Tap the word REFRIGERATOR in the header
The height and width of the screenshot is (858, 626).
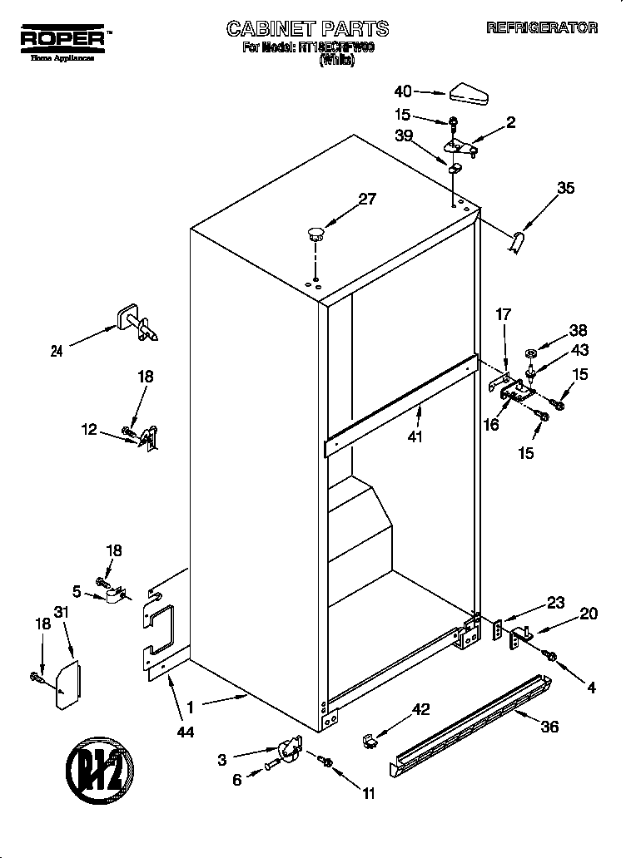[542, 27]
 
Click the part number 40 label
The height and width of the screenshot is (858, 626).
[403, 91]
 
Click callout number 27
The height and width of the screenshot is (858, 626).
[367, 199]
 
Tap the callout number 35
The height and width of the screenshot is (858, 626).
[565, 188]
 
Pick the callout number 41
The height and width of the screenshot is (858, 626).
[415, 435]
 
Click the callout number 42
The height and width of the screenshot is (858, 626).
[421, 709]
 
